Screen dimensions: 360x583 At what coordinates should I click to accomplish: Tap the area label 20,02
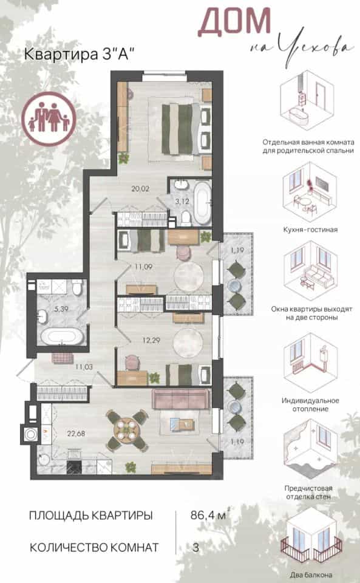140,189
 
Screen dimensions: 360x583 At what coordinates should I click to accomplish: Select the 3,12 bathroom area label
182,202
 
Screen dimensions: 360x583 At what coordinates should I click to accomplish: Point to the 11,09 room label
143,267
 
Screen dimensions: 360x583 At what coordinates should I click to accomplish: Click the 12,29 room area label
151,340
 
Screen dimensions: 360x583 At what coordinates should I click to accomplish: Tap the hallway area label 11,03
84,367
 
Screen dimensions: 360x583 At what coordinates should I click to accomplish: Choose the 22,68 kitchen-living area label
76,433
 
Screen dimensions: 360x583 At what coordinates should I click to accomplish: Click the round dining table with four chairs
126,430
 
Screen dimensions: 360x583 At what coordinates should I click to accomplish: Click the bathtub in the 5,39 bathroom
62,336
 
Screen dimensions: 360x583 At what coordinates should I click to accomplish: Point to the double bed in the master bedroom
182,129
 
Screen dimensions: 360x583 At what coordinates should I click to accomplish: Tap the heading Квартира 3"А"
79,54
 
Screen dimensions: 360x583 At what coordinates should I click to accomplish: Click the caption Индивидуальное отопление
310,405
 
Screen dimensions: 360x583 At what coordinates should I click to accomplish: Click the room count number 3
196,547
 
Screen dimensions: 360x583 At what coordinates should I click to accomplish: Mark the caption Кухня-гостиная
310,230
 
